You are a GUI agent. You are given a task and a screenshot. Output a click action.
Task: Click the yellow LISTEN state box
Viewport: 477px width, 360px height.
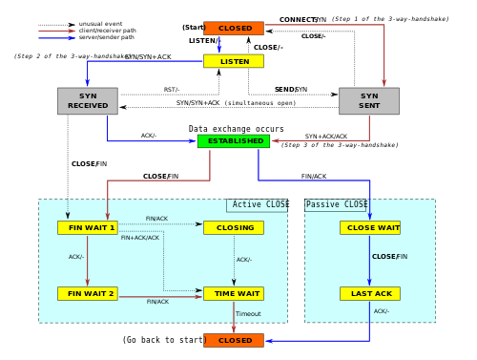(x=234, y=61)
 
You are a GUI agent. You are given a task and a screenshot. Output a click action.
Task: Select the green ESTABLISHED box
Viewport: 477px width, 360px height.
(x=234, y=140)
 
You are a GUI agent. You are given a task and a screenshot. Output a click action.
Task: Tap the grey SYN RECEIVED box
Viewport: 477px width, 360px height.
(x=88, y=101)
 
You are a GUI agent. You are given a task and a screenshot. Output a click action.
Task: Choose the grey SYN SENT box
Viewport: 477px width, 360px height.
(x=369, y=101)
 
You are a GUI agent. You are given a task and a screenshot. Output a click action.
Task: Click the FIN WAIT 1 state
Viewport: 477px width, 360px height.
(x=88, y=227)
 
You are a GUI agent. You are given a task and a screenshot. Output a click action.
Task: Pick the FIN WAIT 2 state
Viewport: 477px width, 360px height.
(x=88, y=293)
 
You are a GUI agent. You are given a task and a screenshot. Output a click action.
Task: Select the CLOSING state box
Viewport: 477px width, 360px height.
(x=234, y=227)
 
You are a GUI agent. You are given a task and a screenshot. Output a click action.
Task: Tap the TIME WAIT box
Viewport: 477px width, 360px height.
(x=234, y=293)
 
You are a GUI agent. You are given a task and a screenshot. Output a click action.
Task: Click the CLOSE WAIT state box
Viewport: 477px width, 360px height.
(x=370, y=227)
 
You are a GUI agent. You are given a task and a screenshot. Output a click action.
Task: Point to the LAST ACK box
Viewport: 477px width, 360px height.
(x=370, y=293)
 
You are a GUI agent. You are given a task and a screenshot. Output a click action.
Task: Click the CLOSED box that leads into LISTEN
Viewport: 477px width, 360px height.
(x=234, y=28)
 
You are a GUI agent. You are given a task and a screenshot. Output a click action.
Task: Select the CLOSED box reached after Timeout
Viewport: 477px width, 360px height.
(x=234, y=340)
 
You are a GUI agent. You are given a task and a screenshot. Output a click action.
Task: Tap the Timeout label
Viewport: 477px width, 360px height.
(x=248, y=314)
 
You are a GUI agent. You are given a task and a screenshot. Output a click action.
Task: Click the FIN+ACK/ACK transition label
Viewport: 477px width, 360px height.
(x=140, y=238)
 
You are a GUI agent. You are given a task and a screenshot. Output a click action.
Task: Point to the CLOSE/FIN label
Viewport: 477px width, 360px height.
(x=389, y=257)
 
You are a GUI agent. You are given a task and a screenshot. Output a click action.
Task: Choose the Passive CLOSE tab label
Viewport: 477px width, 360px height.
(x=337, y=205)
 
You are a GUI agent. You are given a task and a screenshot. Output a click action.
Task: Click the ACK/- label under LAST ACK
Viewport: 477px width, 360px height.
(x=382, y=311)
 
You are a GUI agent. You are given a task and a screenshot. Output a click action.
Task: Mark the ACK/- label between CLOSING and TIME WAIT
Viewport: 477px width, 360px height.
(x=244, y=260)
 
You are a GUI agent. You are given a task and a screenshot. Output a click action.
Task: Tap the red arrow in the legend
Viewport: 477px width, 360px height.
(x=56, y=31)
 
